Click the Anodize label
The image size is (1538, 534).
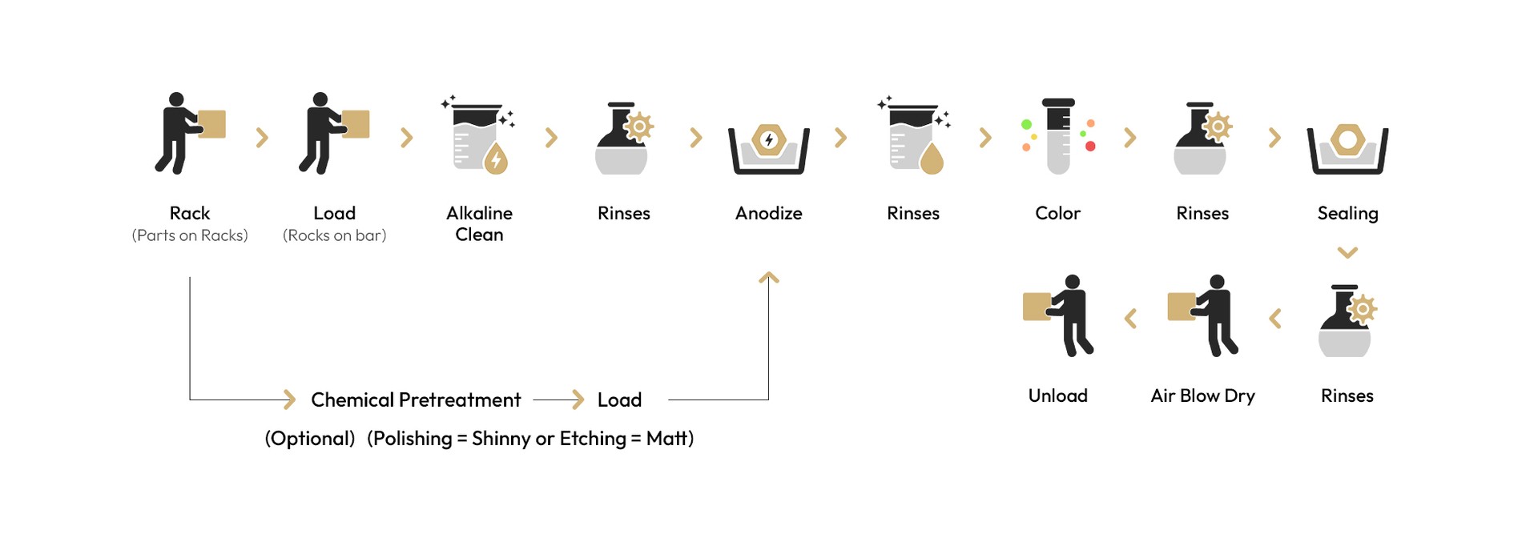[x=768, y=213]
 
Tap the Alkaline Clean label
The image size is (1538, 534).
[x=479, y=223]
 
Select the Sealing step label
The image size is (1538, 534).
[x=1347, y=214]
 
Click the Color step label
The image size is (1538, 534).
[x=1057, y=213]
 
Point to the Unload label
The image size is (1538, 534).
[x=1057, y=395]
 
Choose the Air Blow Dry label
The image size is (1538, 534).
[x=1202, y=396]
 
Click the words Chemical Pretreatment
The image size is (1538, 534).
[x=416, y=399]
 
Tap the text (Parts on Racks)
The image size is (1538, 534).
[x=190, y=235]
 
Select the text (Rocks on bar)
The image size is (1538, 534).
[x=334, y=235]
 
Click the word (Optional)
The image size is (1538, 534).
[x=310, y=439]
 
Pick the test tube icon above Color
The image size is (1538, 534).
[x=1058, y=136]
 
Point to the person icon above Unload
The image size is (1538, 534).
[x=1058, y=315]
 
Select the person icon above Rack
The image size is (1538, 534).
[x=190, y=133]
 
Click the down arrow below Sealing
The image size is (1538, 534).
[x=1348, y=253]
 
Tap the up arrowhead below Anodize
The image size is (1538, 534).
[x=769, y=278]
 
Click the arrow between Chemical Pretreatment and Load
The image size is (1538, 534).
[x=559, y=399]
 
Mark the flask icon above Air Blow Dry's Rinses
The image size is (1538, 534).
[x=1347, y=320]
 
